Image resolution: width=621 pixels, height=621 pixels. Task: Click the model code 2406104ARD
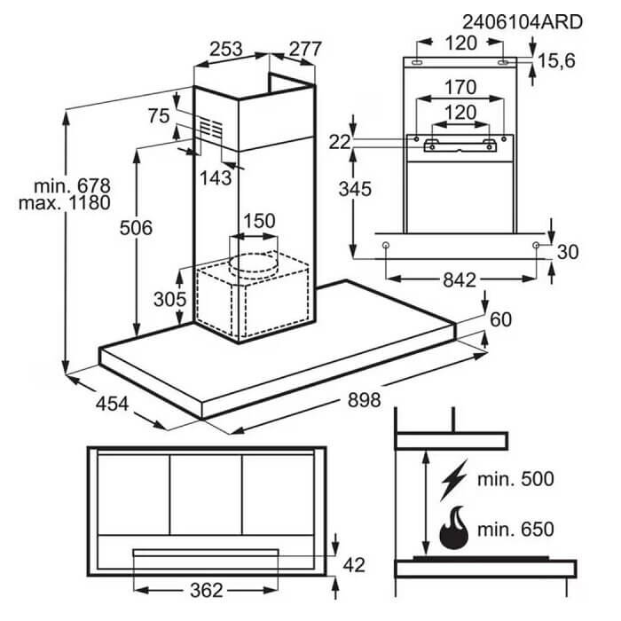click(x=523, y=22)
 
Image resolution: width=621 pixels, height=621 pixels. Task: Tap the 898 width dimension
click(x=364, y=399)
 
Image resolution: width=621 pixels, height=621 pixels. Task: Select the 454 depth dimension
click(x=112, y=404)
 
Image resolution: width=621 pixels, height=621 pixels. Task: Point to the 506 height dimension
click(x=136, y=228)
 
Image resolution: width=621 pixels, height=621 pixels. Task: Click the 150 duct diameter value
click(x=259, y=221)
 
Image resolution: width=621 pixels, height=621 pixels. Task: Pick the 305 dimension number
click(x=170, y=299)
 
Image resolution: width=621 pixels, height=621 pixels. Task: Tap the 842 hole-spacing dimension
click(x=460, y=280)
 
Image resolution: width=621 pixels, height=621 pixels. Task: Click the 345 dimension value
click(x=355, y=189)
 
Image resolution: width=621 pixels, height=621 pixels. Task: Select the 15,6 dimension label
click(x=556, y=61)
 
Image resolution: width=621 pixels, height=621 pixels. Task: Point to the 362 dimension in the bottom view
click(x=207, y=591)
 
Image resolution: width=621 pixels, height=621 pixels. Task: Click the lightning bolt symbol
click(x=454, y=479)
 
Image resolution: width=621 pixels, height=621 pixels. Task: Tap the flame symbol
click(x=454, y=528)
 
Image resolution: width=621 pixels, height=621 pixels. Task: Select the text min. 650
click(x=515, y=529)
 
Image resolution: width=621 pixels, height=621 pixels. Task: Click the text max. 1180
click(x=65, y=203)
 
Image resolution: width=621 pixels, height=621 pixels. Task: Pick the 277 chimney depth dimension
click(x=305, y=49)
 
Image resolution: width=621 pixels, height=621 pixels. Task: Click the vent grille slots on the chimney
click(x=210, y=129)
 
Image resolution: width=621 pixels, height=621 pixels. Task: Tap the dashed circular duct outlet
click(x=253, y=263)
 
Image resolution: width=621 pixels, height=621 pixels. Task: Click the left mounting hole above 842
click(x=385, y=246)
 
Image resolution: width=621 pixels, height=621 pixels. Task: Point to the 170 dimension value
click(x=460, y=87)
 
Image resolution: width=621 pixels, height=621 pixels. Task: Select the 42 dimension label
click(x=354, y=565)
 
